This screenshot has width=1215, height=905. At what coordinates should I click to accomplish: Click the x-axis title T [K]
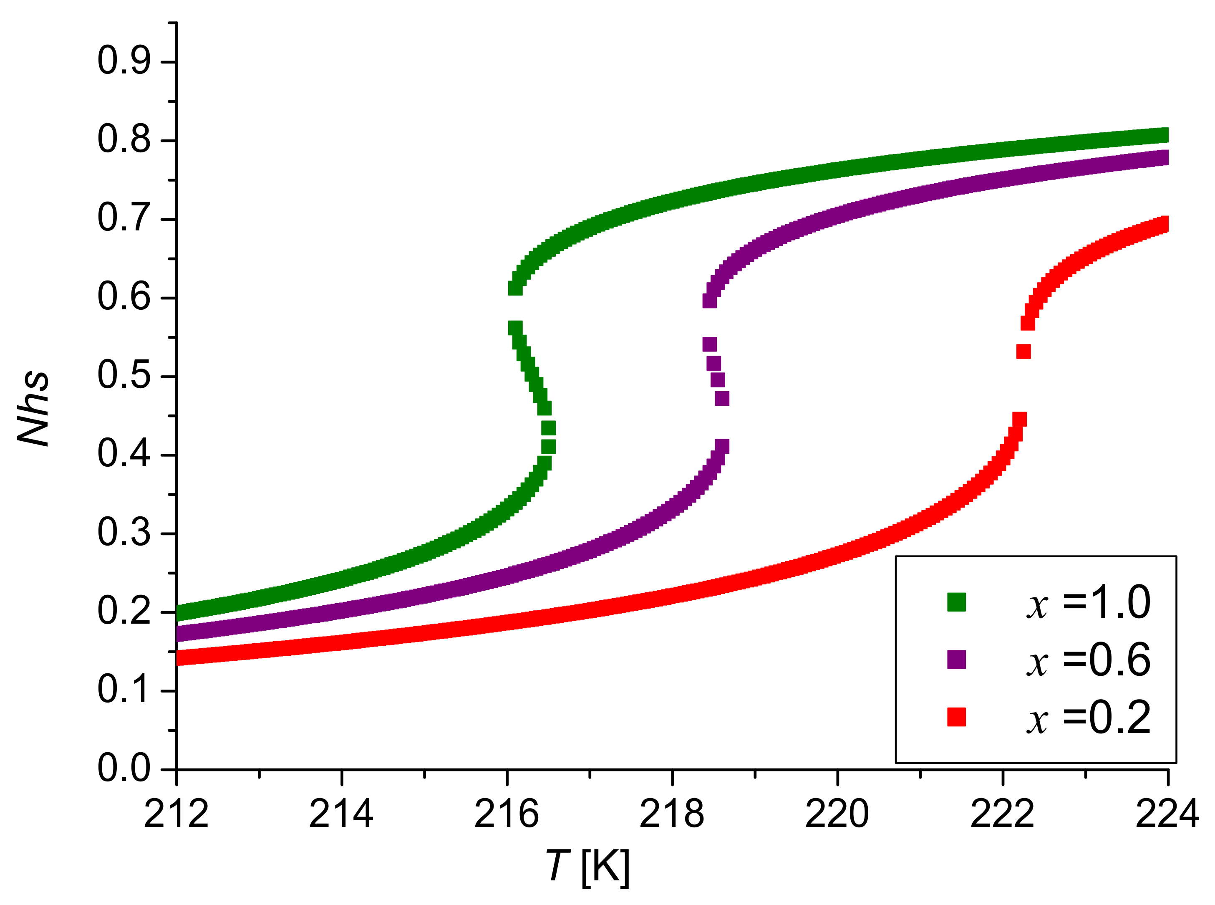click(588, 866)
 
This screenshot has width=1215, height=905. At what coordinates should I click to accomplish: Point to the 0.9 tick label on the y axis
click(124, 61)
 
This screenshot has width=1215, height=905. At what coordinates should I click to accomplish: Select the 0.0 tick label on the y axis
click(124, 768)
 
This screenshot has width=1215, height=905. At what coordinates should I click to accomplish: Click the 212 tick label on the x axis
click(176, 814)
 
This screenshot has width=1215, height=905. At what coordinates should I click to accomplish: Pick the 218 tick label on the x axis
click(672, 814)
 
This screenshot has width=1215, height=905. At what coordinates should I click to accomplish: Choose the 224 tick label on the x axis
click(1167, 814)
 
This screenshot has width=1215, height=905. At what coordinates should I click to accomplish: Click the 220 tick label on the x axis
click(837, 814)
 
